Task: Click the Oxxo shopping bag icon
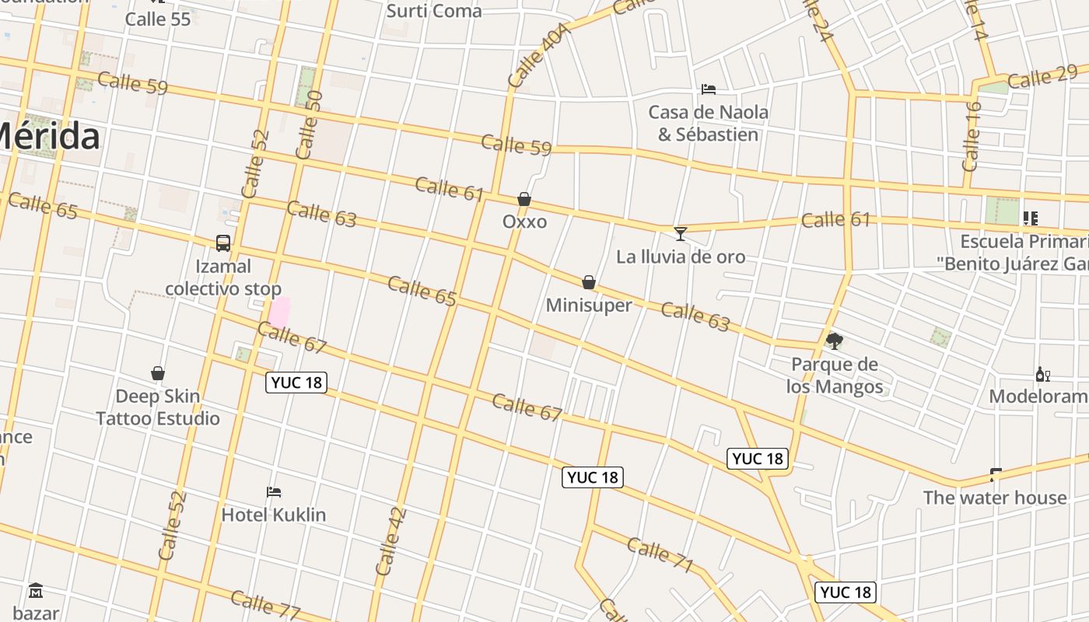click(x=524, y=200)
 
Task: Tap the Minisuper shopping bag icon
click(x=589, y=282)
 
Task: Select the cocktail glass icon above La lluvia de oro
click(x=681, y=233)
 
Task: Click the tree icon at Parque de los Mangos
click(x=835, y=341)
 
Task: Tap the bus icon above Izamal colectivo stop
click(x=223, y=243)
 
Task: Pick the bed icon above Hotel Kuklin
click(x=274, y=492)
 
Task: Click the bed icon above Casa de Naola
click(x=709, y=89)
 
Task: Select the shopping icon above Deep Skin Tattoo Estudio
click(x=158, y=374)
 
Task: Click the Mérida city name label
click(x=48, y=137)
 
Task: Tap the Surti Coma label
click(x=434, y=11)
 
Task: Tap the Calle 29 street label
click(x=1042, y=77)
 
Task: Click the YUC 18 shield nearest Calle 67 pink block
click(x=296, y=383)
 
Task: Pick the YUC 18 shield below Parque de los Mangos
click(x=758, y=459)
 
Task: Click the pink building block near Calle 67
click(x=279, y=312)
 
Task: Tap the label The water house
click(x=994, y=498)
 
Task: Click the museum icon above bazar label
click(x=36, y=591)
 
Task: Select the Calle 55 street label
click(x=158, y=19)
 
